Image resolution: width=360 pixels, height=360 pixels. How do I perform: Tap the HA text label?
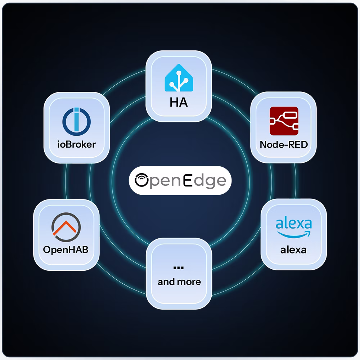pyautogui.click(x=179, y=102)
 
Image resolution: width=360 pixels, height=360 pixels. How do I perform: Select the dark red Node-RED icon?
pyautogui.click(x=284, y=121)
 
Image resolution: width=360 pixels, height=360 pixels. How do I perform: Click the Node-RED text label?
pyautogui.click(x=284, y=145)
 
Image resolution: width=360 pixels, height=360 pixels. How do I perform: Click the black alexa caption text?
pyautogui.click(x=293, y=250)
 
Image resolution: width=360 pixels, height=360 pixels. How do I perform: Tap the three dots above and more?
pyautogui.click(x=179, y=268)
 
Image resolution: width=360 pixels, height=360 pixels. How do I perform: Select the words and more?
pyautogui.click(x=179, y=282)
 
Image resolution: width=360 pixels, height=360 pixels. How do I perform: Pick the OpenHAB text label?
pyautogui.click(x=66, y=250)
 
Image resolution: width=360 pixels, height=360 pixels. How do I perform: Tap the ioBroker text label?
pyautogui.click(x=76, y=145)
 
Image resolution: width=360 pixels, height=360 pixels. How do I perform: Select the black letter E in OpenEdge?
pyautogui.click(x=188, y=180)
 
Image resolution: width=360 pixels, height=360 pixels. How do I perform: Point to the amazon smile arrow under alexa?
pyautogui.click(x=294, y=235)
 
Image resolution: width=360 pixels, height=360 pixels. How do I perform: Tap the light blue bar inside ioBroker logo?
pyautogui.click(x=76, y=120)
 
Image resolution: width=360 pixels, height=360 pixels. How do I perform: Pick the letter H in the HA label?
pyautogui.click(x=174, y=102)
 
